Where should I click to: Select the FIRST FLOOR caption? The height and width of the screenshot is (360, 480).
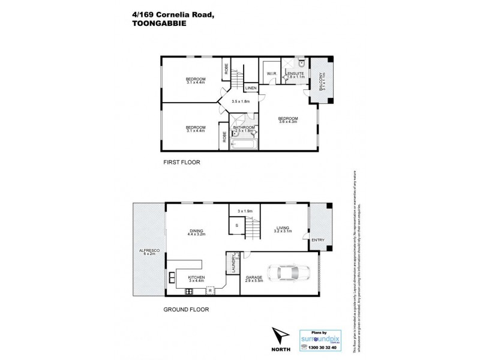coord(181,162)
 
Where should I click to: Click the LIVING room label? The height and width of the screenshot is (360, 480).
coord(283,227)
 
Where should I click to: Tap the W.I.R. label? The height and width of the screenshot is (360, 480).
coord(271,74)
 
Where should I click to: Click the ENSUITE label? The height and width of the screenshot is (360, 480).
coord(295,73)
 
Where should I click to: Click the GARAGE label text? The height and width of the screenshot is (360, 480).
coord(254,277)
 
